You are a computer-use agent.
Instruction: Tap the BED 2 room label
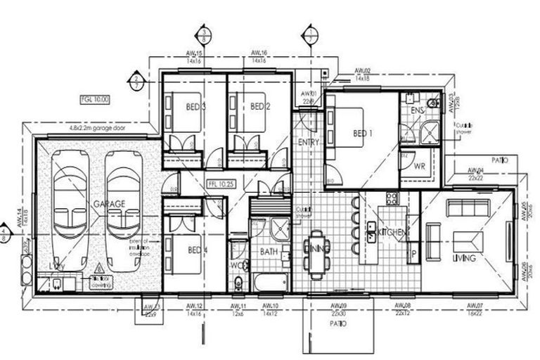coord(259,107)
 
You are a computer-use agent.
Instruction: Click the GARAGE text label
coord(109,204)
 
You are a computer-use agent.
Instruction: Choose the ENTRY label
coord(309,142)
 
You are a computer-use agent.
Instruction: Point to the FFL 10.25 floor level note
coord(220,184)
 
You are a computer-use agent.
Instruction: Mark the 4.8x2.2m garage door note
coord(102,128)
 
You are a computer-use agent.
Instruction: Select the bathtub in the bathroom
coord(269,283)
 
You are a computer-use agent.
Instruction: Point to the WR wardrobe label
coord(419,166)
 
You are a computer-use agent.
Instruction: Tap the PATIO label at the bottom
coord(339,325)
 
